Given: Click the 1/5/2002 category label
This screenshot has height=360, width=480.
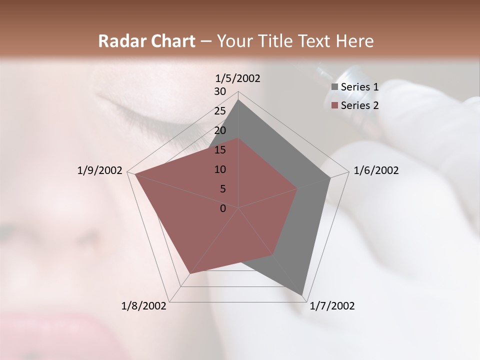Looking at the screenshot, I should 237,78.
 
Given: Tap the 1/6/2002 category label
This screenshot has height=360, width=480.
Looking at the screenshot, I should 376,171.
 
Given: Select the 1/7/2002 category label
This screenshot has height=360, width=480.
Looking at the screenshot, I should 332,306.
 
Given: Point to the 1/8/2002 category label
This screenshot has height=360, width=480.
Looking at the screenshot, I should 144,306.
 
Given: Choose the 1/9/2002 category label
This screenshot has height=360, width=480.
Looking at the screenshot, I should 99,171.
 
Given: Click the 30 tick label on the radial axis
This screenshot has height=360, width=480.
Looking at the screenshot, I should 220,91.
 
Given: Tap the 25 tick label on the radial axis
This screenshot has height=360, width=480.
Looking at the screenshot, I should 220,111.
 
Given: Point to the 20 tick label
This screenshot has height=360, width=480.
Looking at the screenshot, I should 220,130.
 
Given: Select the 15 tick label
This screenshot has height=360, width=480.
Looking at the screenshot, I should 220,150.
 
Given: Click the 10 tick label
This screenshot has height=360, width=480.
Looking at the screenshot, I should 220,169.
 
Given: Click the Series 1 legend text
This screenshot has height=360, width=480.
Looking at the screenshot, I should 359,87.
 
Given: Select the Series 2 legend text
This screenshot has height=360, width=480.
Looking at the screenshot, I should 359,105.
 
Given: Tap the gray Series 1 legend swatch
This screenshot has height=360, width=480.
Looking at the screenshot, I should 334,87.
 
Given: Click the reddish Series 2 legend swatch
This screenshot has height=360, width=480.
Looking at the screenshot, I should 334,105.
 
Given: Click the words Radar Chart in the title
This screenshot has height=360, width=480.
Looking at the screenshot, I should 146,41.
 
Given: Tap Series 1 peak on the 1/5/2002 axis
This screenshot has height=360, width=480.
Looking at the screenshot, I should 238,100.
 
